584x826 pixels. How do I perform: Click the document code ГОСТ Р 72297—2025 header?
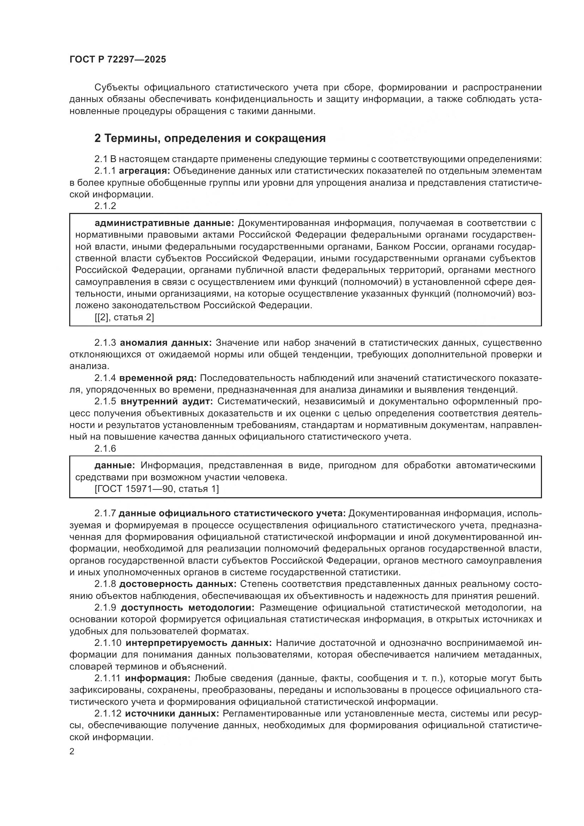point(118,60)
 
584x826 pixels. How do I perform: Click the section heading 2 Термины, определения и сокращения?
point(210,138)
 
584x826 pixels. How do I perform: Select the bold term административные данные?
point(164,223)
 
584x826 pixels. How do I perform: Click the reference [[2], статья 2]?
point(124,317)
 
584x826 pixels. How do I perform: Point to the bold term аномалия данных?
point(166,343)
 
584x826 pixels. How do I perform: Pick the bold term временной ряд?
point(158,378)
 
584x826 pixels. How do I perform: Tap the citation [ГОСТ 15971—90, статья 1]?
point(156,489)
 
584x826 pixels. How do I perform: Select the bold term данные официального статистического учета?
point(232,513)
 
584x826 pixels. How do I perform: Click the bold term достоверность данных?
point(178,584)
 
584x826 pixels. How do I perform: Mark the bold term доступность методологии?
point(187,608)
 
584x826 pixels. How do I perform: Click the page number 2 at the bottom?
point(72,751)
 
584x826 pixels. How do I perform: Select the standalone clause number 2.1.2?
point(105,206)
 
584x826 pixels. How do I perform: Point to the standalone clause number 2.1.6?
point(105,448)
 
